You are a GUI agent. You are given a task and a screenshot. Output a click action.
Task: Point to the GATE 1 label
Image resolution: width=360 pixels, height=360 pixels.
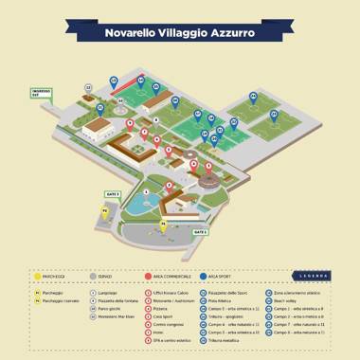point(200,231)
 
